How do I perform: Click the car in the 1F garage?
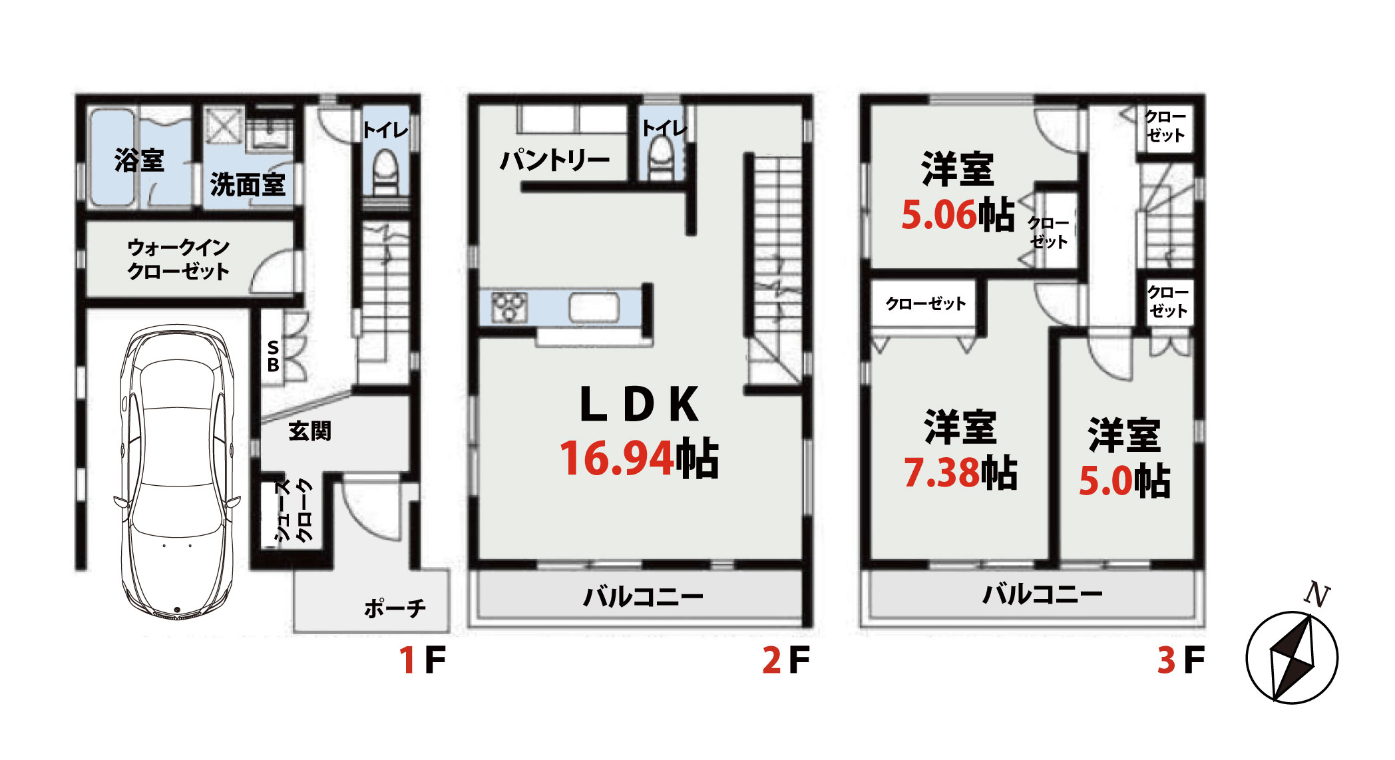point(177,473)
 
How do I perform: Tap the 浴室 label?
point(138,160)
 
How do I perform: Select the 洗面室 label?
point(248,184)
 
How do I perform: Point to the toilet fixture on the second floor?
point(662,160)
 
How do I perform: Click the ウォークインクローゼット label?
point(178,259)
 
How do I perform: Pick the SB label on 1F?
point(273,356)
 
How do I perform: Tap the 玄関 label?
point(309,431)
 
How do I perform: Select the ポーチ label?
point(395,608)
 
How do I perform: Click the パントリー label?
point(554,160)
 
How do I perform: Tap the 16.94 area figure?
point(616,459)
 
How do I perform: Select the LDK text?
point(639,404)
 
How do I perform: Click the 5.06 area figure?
point(939,215)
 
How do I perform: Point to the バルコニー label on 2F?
point(643,596)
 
